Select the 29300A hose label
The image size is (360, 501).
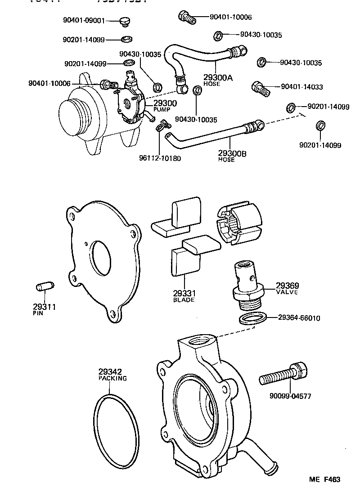pos(218,78)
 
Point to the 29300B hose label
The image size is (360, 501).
pos(232,154)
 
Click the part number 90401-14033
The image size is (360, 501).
pos(301,87)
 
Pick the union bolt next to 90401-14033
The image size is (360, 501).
pos(261,88)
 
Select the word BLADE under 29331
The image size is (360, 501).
pos(184,300)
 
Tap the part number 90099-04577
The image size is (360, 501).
pos(290,396)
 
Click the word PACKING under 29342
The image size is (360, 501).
pos(112,378)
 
